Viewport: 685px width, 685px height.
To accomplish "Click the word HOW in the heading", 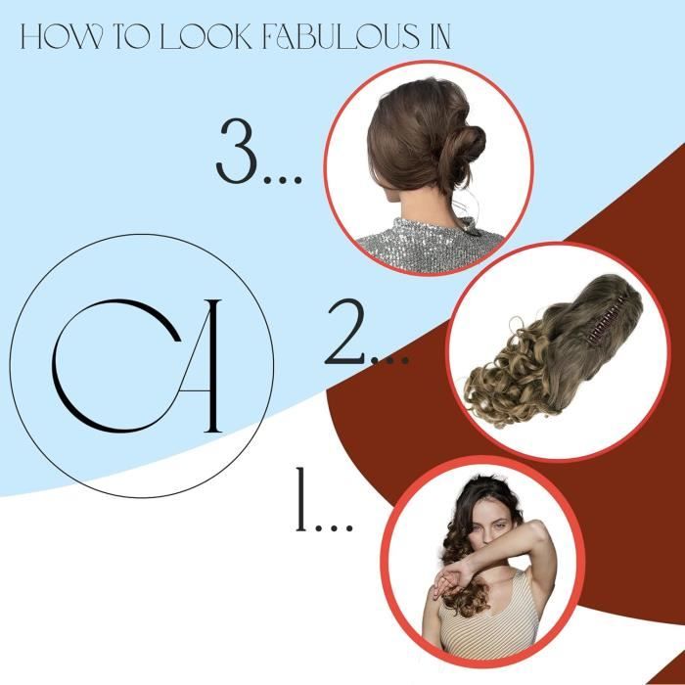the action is pyautogui.click(x=63, y=36).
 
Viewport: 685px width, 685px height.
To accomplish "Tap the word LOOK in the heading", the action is pyautogui.click(x=206, y=36).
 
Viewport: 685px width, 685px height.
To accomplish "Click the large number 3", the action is pyautogui.click(x=237, y=151).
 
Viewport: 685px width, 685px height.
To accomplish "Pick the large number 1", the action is pyautogui.click(x=300, y=499).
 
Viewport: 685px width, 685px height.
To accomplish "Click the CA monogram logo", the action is pyautogui.click(x=137, y=366).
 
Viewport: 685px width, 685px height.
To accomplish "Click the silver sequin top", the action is pyautogui.click(x=430, y=246).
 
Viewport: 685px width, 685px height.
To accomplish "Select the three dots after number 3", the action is pyautogui.click(x=283, y=179).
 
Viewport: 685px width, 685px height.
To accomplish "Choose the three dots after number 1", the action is pyautogui.click(x=335, y=526).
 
